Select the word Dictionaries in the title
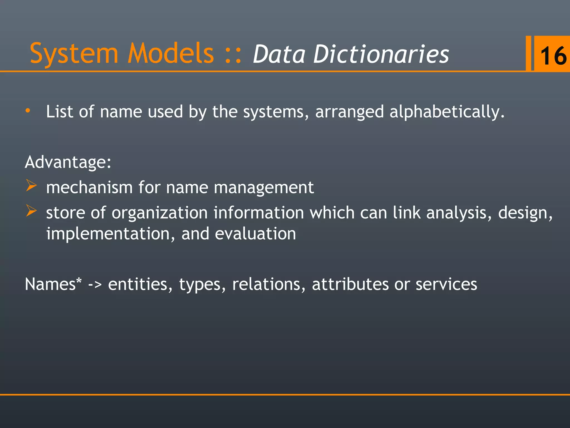381,54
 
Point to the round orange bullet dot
28,111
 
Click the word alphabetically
447,112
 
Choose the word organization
160,213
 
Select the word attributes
350,284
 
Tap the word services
446,284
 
